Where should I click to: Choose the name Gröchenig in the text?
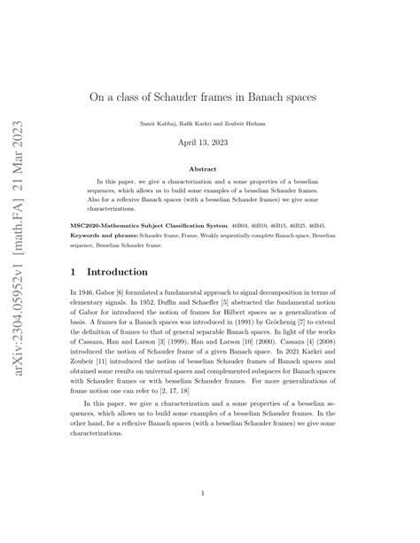click(299, 323)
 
